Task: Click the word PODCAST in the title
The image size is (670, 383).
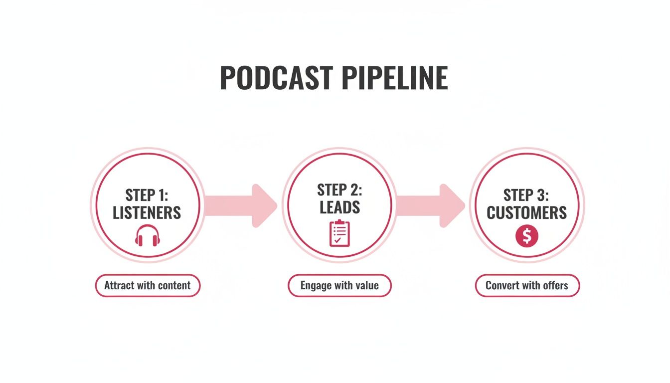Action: (276, 78)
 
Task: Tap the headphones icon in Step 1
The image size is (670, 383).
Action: (147, 236)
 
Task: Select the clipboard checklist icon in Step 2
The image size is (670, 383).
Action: (339, 233)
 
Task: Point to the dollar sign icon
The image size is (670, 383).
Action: (527, 236)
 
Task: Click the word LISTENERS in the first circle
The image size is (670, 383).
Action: (147, 213)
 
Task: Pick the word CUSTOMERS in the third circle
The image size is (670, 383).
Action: (527, 213)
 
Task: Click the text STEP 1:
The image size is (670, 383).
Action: (147, 194)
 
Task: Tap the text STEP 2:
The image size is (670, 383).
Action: (339, 190)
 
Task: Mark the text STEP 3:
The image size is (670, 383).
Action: (527, 194)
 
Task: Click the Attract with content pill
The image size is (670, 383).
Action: (148, 286)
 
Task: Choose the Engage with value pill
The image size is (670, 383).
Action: (339, 286)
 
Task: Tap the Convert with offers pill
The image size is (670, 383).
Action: (527, 286)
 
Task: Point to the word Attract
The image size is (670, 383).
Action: (120, 286)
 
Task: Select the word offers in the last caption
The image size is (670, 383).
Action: (556, 286)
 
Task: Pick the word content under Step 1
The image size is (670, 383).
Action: (175, 286)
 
